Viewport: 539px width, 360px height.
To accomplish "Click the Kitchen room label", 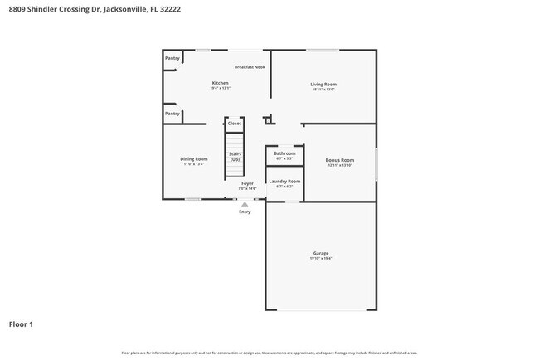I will pyautogui.click(x=220, y=83).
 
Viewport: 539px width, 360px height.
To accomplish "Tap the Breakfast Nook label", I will pyautogui.click(x=250, y=66).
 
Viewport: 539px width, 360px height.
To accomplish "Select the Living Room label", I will pyautogui.click(x=323, y=84).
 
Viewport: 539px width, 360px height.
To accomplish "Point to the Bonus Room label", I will pyautogui.click(x=340, y=160).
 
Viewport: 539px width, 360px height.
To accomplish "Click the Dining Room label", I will pyautogui.click(x=194, y=158).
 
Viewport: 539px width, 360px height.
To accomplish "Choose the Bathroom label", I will pyautogui.click(x=284, y=153).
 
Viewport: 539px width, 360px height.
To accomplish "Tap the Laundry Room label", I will pyautogui.click(x=284, y=181).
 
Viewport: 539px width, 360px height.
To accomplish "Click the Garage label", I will pyautogui.click(x=321, y=253).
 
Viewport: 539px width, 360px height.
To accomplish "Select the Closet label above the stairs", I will pyautogui.click(x=235, y=123).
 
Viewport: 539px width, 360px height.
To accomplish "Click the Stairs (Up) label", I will pyautogui.click(x=235, y=156).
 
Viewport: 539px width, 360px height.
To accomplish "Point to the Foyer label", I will pyautogui.click(x=247, y=183).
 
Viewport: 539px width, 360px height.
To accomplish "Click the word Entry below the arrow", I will pyautogui.click(x=245, y=212).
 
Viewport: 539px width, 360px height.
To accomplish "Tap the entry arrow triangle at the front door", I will pyautogui.click(x=245, y=203).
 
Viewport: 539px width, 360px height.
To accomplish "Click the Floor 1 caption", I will pyautogui.click(x=21, y=324).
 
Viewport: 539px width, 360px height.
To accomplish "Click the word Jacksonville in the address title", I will pyautogui.click(x=127, y=9).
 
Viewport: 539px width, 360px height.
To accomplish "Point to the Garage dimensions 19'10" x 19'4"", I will pyautogui.click(x=321, y=259).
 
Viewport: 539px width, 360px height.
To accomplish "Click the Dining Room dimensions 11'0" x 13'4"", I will pyautogui.click(x=194, y=164).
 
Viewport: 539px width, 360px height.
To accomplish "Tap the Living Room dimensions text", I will pyautogui.click(x=323, y=90).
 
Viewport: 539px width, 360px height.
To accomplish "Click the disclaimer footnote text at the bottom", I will pyautogui.click(x=269, y=353).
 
